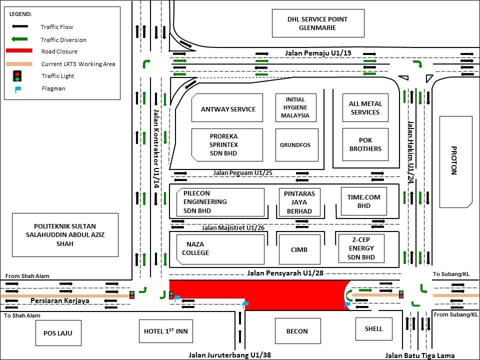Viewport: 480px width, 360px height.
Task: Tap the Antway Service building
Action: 227,108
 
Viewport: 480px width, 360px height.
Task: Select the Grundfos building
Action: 296,145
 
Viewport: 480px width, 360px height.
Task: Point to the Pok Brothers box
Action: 365,144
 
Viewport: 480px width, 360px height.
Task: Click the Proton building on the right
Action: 455,162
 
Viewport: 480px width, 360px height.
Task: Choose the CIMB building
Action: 298,249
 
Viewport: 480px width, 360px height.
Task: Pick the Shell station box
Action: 373,328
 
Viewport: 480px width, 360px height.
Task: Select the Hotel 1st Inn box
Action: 165,331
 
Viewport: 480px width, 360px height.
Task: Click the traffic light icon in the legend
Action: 18,76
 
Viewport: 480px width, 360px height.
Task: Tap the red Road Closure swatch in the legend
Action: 19,51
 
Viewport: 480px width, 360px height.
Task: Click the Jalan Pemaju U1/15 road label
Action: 311,52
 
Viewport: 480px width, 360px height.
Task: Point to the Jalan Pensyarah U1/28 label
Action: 285,273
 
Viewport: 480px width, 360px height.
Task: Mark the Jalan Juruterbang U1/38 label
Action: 229,355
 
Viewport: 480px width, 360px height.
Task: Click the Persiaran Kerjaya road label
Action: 60,300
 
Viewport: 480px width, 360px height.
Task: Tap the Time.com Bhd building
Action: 363,201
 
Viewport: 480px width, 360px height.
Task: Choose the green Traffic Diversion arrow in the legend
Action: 19,39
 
